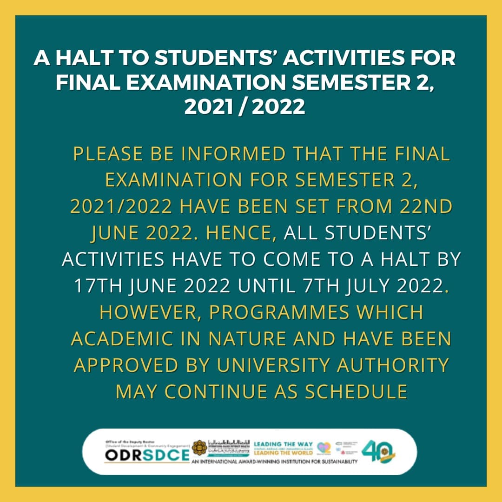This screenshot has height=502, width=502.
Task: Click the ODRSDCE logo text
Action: point(146,456)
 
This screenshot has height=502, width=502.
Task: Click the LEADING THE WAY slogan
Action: point(284,444)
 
